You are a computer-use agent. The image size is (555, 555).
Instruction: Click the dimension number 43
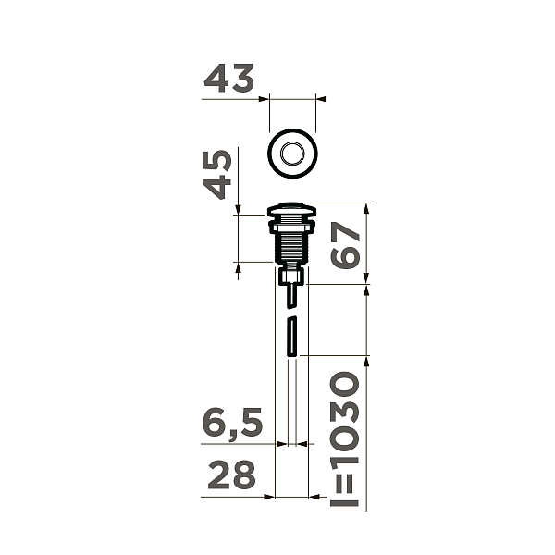point(228,80)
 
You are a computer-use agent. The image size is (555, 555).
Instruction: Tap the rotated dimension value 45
point(218,175)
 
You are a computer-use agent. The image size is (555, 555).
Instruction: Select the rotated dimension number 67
point(346,244)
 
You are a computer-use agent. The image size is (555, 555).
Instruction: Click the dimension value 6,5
point(233,425)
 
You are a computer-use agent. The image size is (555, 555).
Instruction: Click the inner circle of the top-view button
point(292,154)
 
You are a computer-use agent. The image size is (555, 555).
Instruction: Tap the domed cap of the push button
point(292,209)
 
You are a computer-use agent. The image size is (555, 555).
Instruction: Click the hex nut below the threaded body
point(292,276)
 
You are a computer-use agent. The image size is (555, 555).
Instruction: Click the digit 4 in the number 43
point(216,80)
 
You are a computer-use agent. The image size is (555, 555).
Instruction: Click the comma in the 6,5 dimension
point(232,435)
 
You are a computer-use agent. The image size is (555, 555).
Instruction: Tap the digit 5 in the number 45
point(218,162)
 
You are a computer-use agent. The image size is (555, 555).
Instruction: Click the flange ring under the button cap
point(292,222)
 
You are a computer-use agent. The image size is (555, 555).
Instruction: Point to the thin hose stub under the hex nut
point(292,296)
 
